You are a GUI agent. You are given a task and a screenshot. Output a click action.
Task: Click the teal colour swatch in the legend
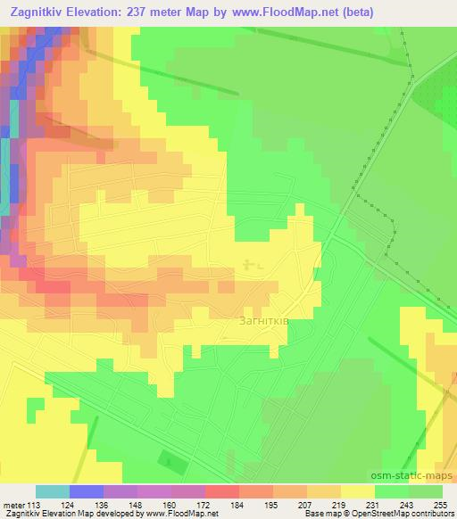pos(52,491)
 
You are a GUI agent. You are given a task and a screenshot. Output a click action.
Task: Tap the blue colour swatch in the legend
pos(86,491)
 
